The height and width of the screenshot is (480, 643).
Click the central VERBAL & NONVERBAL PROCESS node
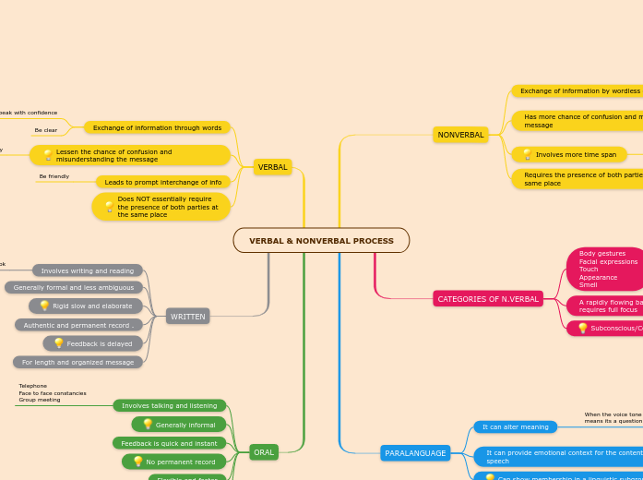pyautogui.click(x=321, y=241)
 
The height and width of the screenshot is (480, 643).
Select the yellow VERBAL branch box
pyautogui.click(x=272, y=167)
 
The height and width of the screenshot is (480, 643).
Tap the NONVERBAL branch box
pyautogui.click(x=460, y=135)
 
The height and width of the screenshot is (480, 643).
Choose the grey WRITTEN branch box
pyautogui.click(x=187, y=317)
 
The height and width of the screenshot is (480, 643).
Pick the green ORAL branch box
pyautogui.click(x=264, y=452)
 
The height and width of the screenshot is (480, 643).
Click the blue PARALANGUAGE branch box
pyautogui.click(x=415, y=453)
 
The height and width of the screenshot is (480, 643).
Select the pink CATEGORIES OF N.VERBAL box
pyautogui.click(x=487, y=299)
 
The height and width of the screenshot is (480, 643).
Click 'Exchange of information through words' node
pyautogui.click(x=157, y=127)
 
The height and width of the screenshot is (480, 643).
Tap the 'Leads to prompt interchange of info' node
pyautogui.click(x=163, y=182)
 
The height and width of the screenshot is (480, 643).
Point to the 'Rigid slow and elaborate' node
pyautogui.click(x=86, y=306)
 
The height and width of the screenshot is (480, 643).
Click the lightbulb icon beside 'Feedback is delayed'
pyautogui.click(x=58, y=343)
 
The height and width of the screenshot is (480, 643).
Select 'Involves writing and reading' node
pyautogui.click(x=88, y=270)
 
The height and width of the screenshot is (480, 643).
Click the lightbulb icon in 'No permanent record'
pyautogui.click(x=138, y=462)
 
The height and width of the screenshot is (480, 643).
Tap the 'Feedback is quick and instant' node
pyautogui.click(x=169, y=443)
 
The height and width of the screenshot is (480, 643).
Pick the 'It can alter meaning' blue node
pyautogui.click(x=515, y=427)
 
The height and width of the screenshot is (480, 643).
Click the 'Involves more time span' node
pyautogui.click(x=569, y=155)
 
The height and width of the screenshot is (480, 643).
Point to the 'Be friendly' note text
pyautogui.click(x=54, y=175)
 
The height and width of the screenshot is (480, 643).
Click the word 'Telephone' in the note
pyautogui.click(x=33, y=386)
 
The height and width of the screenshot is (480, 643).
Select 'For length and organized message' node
pyautogui.click(x=77, y=362)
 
